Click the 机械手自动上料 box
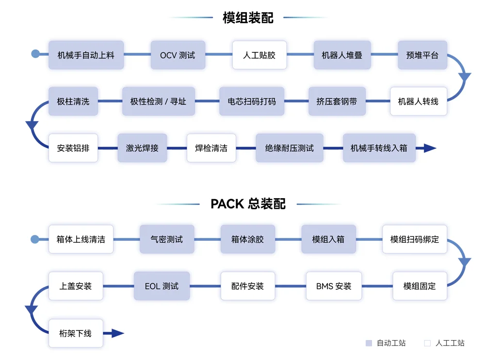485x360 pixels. (x=86, y=55)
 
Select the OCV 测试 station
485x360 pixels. (x=178, y=55)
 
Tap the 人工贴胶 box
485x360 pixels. (x=259, y=55)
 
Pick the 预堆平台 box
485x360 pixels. (x=422, y=55)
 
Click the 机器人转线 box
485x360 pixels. (x=418, y=101)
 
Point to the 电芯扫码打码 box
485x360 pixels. (x=251, y=101)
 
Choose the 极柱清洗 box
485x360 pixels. (x=73, y=101)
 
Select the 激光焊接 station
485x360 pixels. (x=142, y=148)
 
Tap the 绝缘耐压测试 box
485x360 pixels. (x=289, y=148)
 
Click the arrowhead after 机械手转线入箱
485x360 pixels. (x=430, y=148)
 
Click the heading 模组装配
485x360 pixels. (x=248, y=17)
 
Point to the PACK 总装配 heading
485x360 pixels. (x=248, y=204)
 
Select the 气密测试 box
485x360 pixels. (x=167, y=239)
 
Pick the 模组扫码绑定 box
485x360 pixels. (x=415, y=239)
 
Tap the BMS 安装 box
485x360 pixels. (x=334, y=286)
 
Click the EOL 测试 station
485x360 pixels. (x=162, y=286)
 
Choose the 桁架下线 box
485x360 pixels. (x=76, y=333)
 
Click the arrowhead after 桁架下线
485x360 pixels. (x=118, y=333)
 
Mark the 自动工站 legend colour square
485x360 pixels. (x=369, y=343)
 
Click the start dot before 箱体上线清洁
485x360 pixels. (x=35, y=239)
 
